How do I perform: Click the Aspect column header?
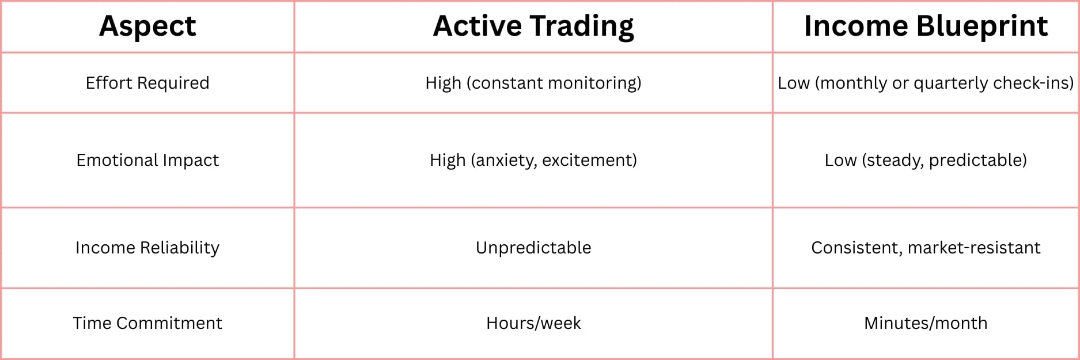pos(147,26)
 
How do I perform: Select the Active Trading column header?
pos(533,26)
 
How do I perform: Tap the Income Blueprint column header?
pos(926,26)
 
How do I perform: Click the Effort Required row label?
pos(147,83)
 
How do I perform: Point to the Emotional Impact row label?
pos(147,160)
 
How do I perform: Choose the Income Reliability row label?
pos(147,248)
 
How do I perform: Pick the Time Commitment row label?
pos(147,323)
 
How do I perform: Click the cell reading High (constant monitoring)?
pos(533,84)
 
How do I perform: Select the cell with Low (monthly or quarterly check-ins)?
pos(926,84)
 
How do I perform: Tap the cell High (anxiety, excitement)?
pos(533,161)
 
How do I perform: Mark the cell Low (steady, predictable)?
pos(926,161)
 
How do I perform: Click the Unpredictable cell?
pos(533,248)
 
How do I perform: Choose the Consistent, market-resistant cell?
pos(926,248)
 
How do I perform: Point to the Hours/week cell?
pos(533,323)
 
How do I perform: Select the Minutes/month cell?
pos(926,323)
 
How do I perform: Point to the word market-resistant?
pos(974,248)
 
